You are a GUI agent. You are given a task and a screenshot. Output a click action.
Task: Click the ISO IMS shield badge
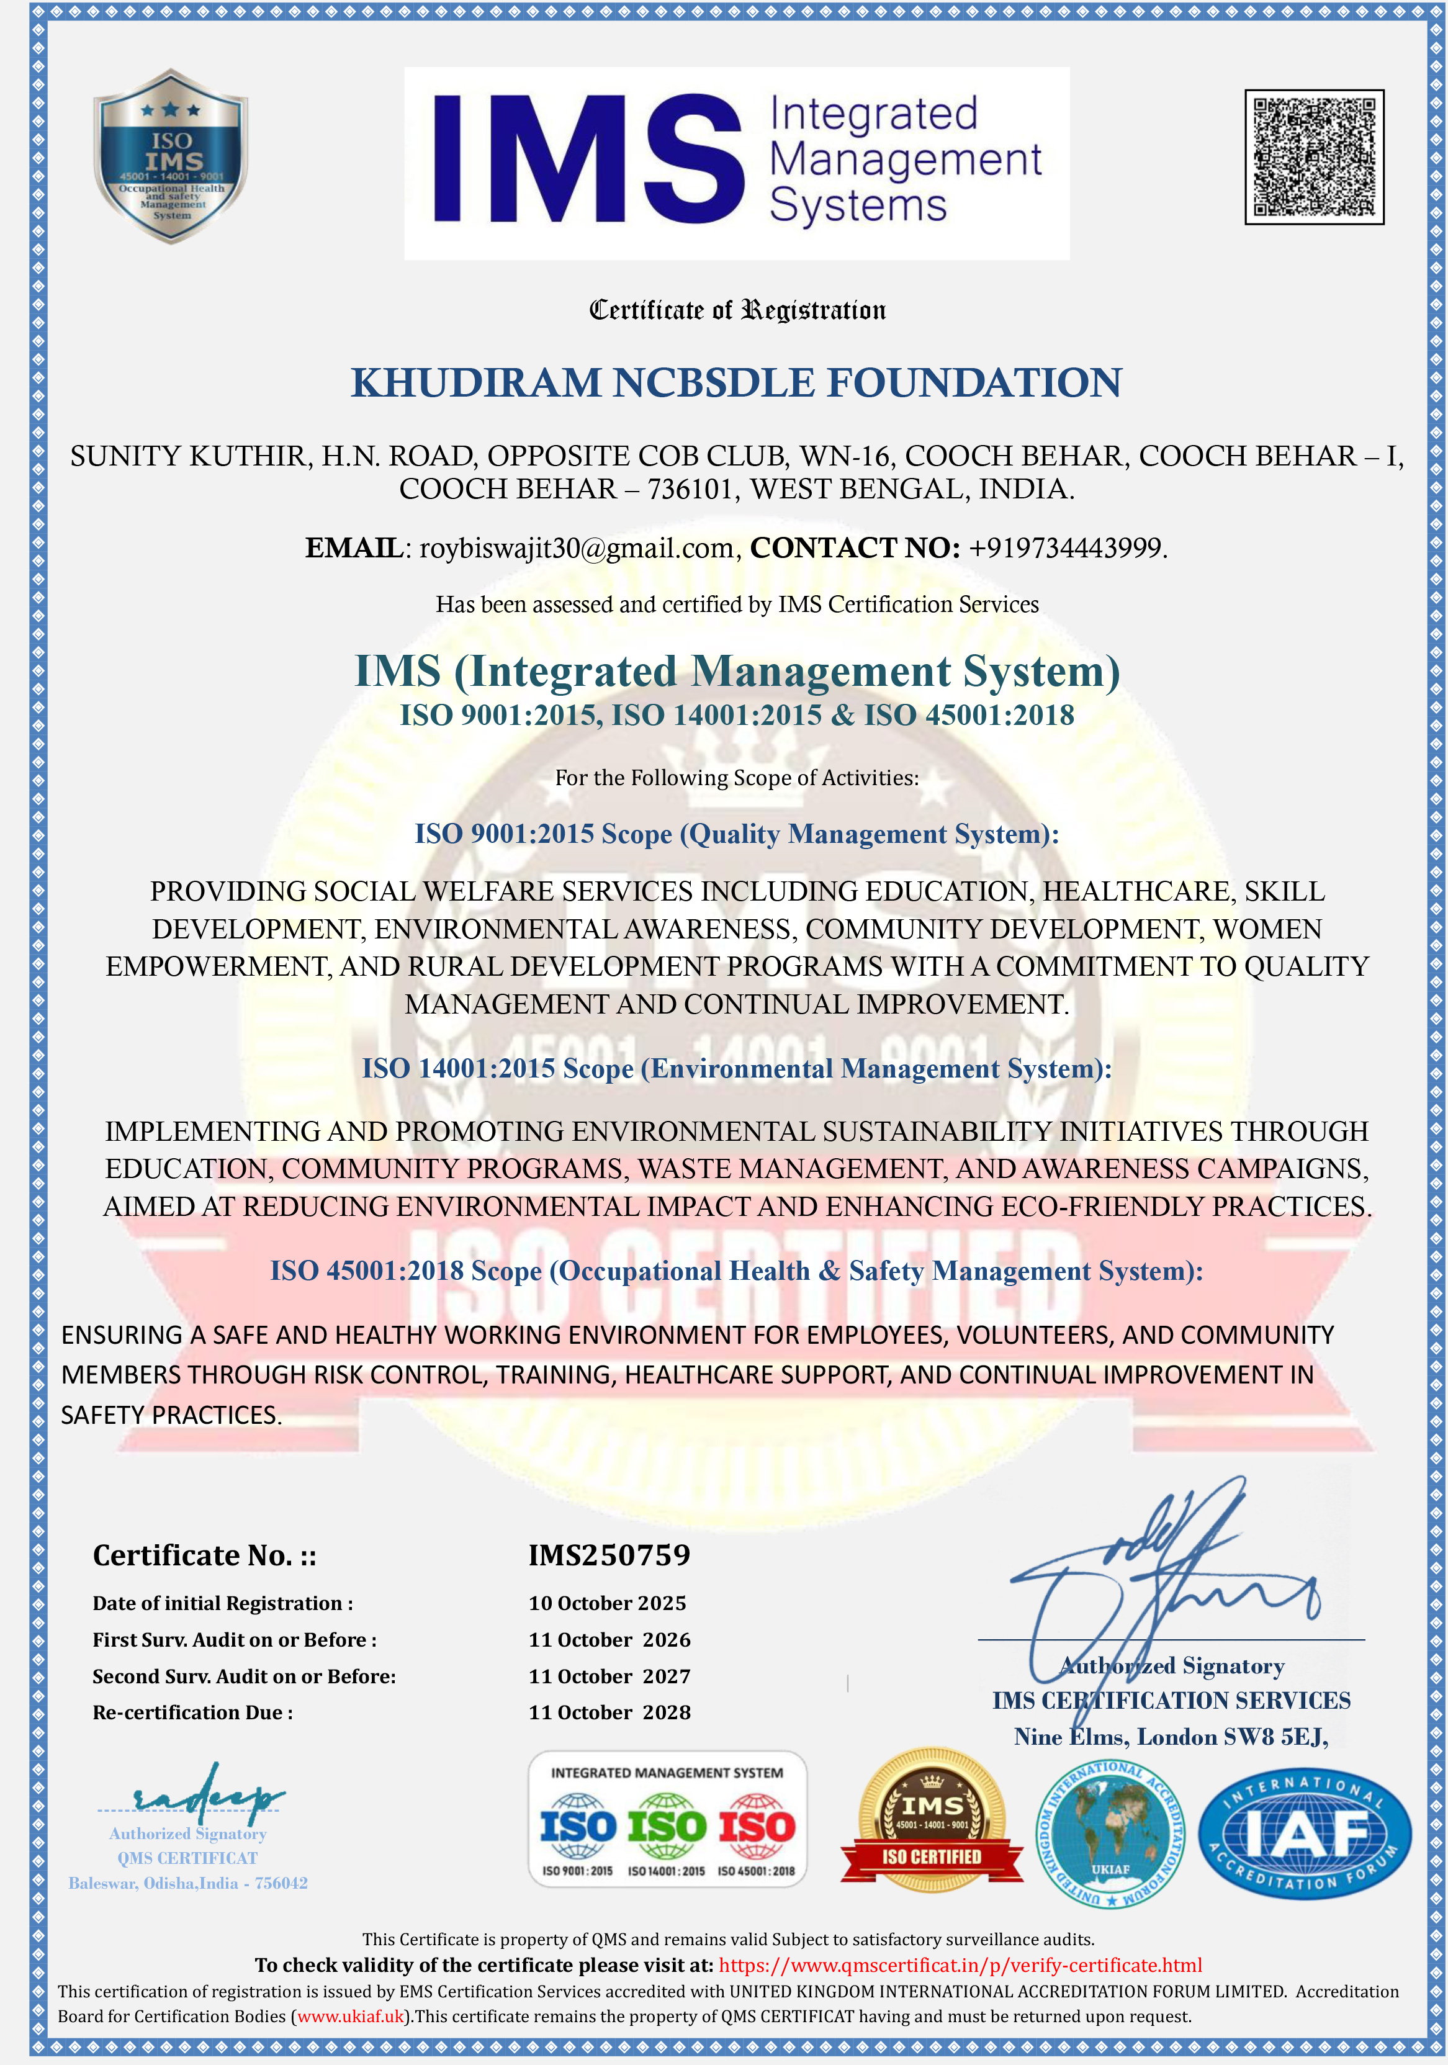[171, 156]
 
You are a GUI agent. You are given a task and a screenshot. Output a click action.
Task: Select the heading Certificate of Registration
[737, 310]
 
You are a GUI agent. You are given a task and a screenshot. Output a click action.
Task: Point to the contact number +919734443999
[1067, 547]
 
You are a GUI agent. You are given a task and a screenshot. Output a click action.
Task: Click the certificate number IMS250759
[609, 1555]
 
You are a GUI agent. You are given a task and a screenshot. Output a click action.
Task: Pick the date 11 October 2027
[609, 1676]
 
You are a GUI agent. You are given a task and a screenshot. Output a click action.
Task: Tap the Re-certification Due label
[192, 1712]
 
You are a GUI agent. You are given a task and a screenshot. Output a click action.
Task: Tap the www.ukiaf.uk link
[351, 2017]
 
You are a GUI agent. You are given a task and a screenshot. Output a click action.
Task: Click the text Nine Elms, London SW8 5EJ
[1171, 1737]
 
